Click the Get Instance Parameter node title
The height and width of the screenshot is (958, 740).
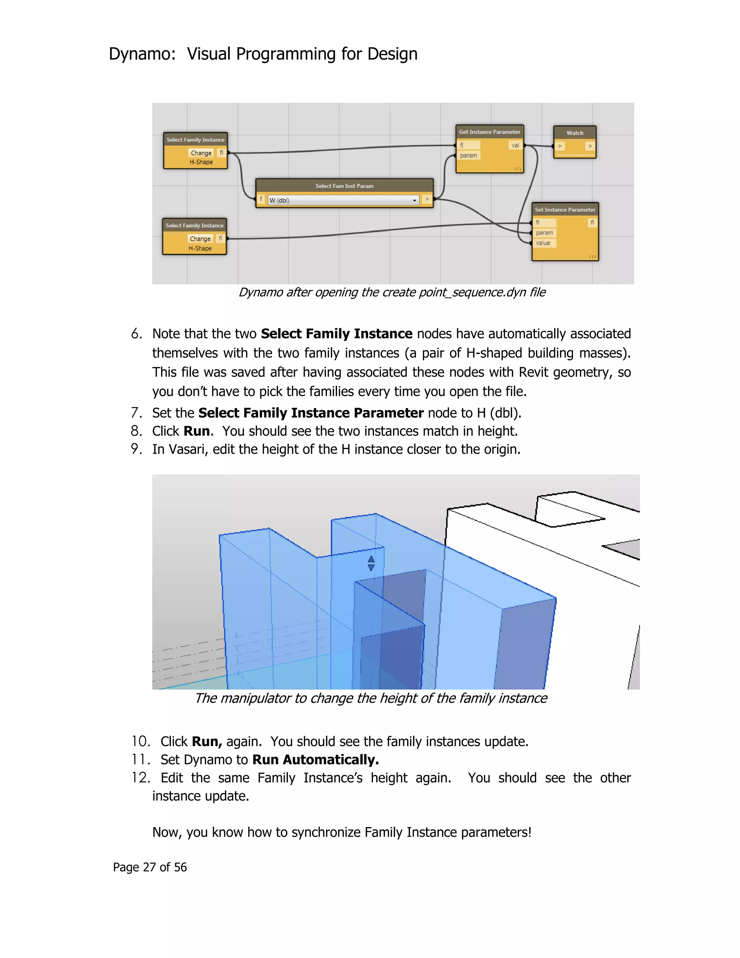click(489, 132)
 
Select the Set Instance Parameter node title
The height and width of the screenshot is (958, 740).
click(565, 210)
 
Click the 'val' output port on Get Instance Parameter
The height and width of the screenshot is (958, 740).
click(515, 145)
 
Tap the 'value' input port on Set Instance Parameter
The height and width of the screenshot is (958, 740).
click(543, 243)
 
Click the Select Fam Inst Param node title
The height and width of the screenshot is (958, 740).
click(344, 186)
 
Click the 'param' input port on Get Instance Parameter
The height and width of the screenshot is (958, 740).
click(468, 155)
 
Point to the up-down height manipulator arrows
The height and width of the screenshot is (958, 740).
click(371, 563)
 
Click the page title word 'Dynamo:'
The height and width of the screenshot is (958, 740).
click(142, 54)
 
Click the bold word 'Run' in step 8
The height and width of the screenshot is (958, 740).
click(197, 431)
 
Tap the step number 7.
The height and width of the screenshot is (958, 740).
click(136, 413)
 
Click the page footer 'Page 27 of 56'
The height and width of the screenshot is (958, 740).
click(150, 867)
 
